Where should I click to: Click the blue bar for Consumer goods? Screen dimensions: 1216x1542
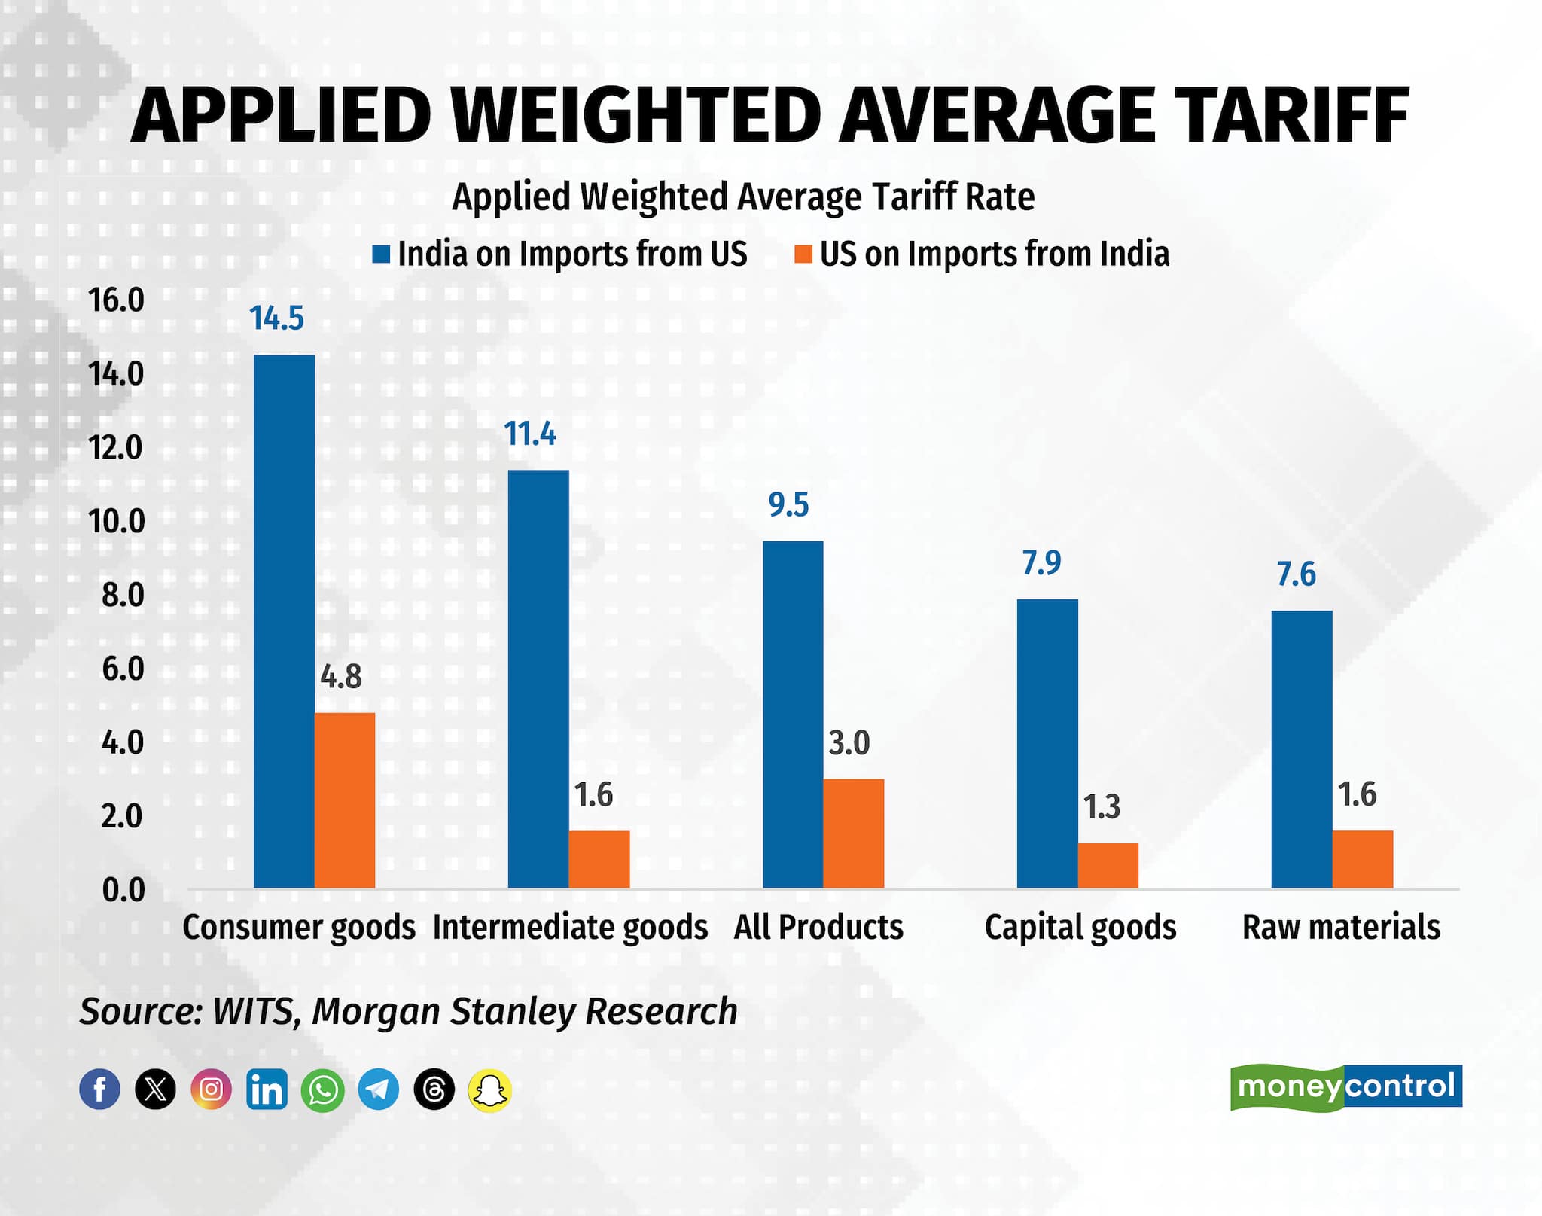[284, 621]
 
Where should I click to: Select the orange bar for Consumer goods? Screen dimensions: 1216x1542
[345, 800]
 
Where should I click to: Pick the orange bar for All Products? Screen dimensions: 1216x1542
[853, 834]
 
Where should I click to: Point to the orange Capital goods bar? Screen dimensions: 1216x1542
[1108, 866]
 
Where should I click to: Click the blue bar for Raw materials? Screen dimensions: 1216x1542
[1302, 749]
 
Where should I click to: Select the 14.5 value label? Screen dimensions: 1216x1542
[276, 318]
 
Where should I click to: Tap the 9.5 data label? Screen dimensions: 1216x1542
[788, 505]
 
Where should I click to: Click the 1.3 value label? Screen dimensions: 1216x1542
[1102, 807]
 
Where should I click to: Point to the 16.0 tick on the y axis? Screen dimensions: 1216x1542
[116, 300]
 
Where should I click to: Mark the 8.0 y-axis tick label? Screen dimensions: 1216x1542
[122, 596]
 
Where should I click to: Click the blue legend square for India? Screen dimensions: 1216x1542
[382, 254]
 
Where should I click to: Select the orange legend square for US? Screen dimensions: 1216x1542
[803, 254]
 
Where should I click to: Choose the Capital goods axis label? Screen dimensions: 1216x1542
[1080, 928]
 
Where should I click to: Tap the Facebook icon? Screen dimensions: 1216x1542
[99, 1089]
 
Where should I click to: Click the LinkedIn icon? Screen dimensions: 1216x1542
[267, 1089]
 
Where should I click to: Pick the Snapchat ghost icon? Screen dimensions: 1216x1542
[490, 1089]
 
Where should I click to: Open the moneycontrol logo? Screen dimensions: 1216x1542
[1345, 1086]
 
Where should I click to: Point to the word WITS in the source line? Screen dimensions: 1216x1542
[253, 1011]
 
